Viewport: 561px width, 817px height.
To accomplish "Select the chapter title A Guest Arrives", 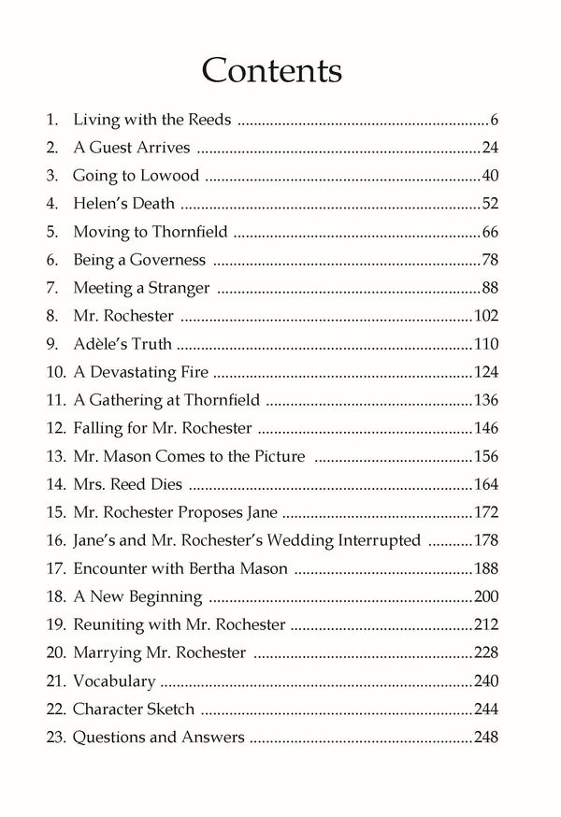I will [x=133, y=148].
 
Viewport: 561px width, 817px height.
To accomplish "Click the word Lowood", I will [x=171, y=176].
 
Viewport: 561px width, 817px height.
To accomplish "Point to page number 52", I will [x=491, y=204].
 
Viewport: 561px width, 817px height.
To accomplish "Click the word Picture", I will [x=281, y=456].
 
